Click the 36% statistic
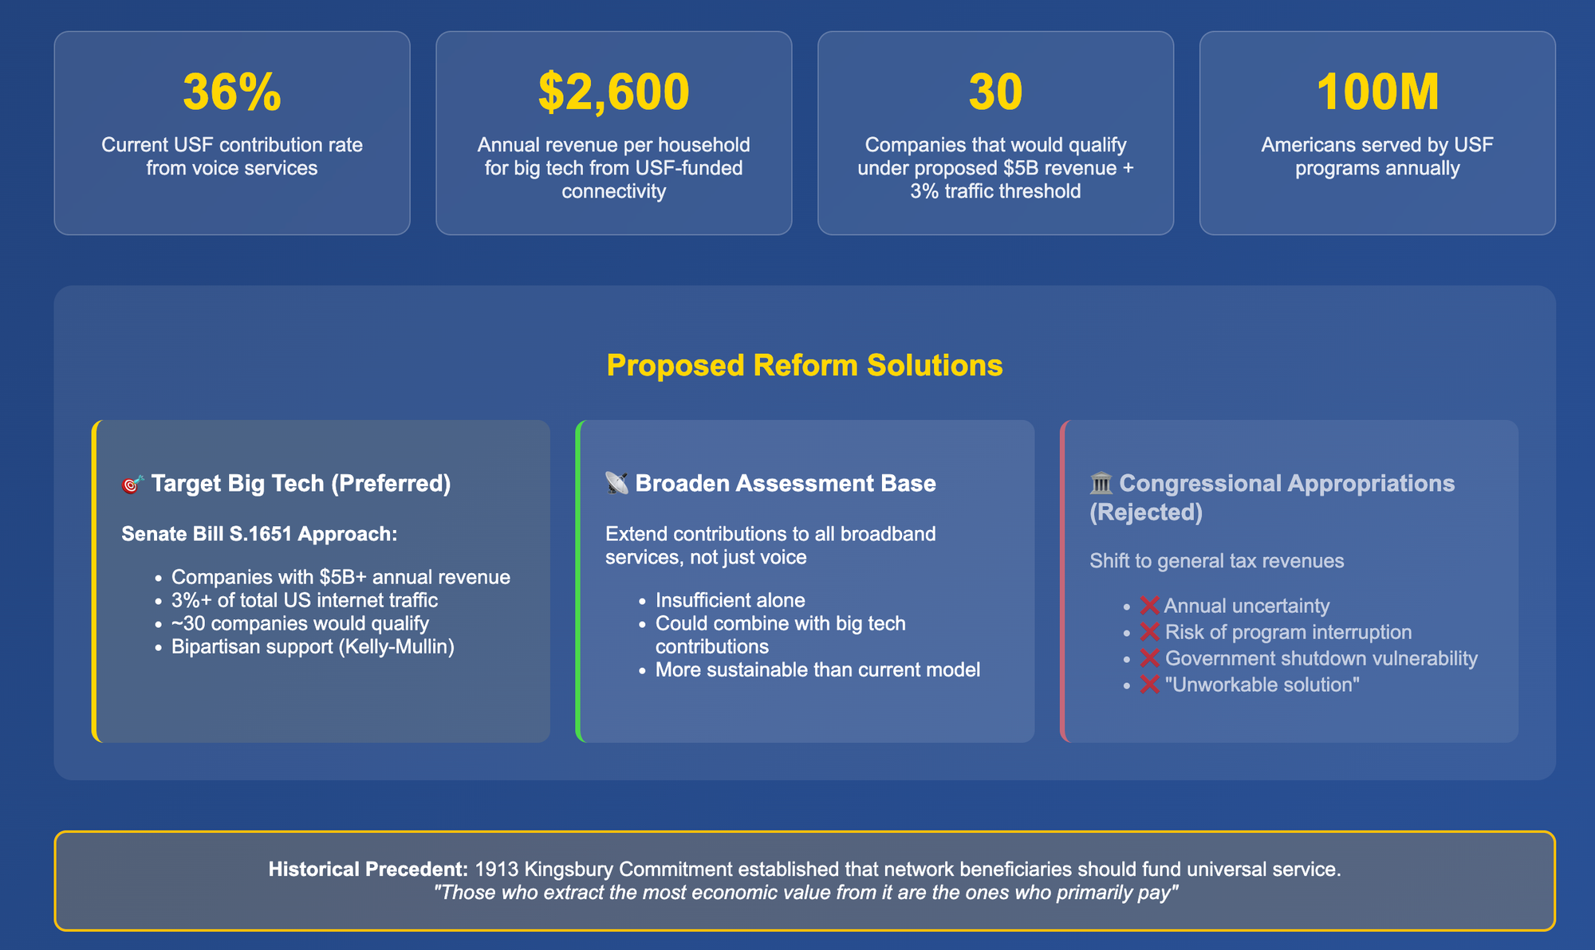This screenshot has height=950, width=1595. click(x=232, y=92)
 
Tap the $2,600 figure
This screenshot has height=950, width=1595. click(x=613, y=92)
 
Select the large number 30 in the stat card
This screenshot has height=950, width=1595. click(x=995, y=92)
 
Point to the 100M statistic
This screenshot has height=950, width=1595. click(x=1377, y=92)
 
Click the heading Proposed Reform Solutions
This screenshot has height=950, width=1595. click(x=805, y=365)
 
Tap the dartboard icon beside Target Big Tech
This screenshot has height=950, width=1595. click(x=132, y=484)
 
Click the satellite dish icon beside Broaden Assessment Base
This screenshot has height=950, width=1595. click(x=616, y=483)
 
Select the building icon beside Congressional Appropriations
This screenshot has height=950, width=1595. click(x=1101, y=483)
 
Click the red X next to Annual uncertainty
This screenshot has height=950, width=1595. click(x=1149, y=606)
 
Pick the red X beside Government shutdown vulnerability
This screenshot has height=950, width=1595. click(x=1149, y=658)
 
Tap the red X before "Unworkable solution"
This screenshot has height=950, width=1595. click(x=1149, y=685)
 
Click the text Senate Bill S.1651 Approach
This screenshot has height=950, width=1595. click(x=259, y=534)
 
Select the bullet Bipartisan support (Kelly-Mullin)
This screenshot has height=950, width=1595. click(x=313, y=646)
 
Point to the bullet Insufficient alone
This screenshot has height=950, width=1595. click(x=731, y=600)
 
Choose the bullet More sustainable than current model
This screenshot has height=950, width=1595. click(x=817, y=669)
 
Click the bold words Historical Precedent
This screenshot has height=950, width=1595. click(x=368, y=869)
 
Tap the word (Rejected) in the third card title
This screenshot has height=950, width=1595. click(x=1146, y=512)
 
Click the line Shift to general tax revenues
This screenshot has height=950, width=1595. click(x=1217, y=561)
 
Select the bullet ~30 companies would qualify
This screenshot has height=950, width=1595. click(x=300, y=623)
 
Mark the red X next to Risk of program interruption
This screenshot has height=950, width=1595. click(x=1149, y=632)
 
